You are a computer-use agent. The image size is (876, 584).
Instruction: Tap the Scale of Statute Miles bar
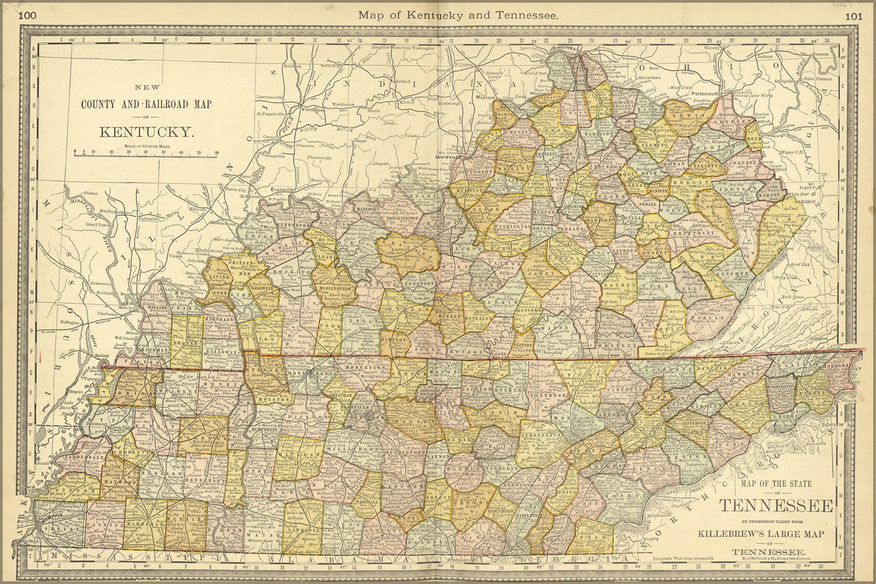point(146,155)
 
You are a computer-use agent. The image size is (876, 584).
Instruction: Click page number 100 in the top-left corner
point(27,16)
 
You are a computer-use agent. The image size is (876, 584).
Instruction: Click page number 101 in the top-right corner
point(853,16)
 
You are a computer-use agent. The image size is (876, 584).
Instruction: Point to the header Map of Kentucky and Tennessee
point(458,16)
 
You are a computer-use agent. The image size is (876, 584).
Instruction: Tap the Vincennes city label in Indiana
point(313,109)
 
